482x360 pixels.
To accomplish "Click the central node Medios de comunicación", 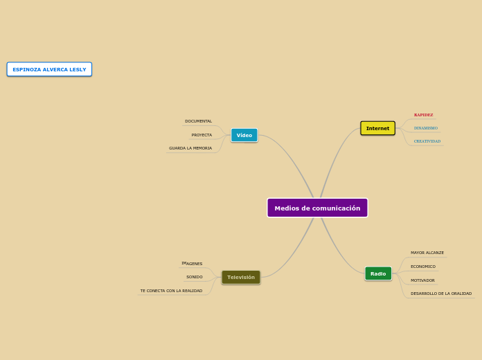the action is click(x=317, y=208).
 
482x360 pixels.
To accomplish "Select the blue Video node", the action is click(x=244, y=135).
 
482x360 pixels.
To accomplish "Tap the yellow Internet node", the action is click(x=377, y=128).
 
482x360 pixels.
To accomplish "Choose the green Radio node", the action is click(x=378, y=273).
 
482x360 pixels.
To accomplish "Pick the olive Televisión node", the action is click(x=241, y=277).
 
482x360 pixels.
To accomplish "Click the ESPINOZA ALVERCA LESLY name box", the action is click(x=49, y=69).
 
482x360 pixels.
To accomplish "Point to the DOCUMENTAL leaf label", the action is click(x=198, y=121).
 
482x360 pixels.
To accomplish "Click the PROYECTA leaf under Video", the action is click(x=202, y=135).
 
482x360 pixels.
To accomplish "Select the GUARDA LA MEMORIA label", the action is click(x=190, y=148).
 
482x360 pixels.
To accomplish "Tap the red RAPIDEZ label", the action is click(x=423, y=115).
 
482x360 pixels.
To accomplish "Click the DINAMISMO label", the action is click(x=425, y=128).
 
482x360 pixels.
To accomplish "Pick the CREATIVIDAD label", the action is click(x=427, y=141).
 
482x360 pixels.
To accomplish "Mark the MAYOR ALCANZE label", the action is click(x=427, y=253).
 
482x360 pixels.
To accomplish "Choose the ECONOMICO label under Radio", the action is click(x=422, y=267).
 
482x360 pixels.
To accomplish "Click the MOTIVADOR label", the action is click(x=422, y=280).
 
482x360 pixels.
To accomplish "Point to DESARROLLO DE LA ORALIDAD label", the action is click(x=440, y=294).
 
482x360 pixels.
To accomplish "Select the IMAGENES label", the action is click(x=192, y=264).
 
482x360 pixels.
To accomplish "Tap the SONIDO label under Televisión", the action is click(x=194, y=277).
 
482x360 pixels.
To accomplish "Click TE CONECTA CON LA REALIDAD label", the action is click(x=171, y=291).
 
